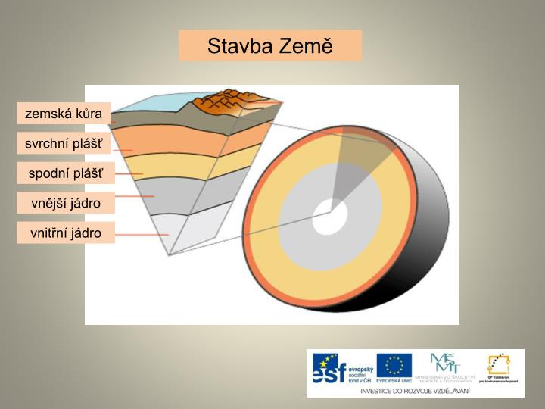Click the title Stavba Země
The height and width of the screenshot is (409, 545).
(x=270, y=45)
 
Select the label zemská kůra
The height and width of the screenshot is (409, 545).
(x=64, y=114)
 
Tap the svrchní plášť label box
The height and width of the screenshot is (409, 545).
(x=64, y=144)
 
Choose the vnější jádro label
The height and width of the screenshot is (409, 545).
(x=66, y=203)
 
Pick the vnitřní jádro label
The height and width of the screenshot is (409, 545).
(x=66, y=233)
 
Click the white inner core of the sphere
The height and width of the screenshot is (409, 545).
(x=330, y=217)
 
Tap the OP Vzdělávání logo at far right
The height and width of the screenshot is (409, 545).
(x=498, y=367)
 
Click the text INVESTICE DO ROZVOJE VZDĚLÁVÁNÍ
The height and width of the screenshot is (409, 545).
(x=415, y=390)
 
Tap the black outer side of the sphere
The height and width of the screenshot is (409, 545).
(x=431, y=250)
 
